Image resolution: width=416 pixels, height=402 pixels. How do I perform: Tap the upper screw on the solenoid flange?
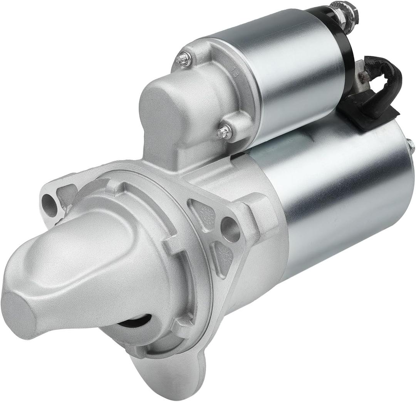184,59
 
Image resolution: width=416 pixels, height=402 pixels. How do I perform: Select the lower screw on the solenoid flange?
225,132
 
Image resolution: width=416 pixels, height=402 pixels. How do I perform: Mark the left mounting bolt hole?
49,204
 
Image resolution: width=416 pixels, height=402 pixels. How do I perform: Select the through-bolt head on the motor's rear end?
410,146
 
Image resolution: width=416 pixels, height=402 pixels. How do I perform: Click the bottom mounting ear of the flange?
169,376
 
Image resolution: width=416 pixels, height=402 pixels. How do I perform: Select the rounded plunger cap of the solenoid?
166,108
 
